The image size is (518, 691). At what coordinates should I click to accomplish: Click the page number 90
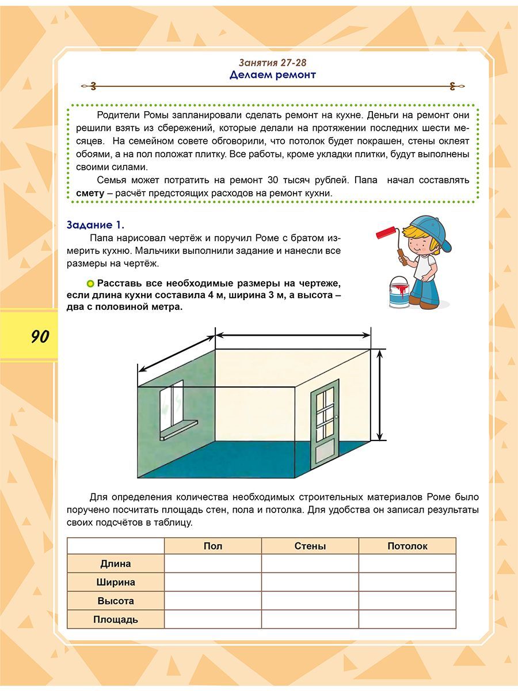[x=40, y=336]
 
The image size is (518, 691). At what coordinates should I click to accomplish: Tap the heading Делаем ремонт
[x=273, y=75]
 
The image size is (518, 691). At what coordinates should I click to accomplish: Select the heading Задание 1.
[x=96, y=225]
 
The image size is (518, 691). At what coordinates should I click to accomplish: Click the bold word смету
[x=90, y=193]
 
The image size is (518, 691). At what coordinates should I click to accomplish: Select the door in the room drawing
[x=324, y=426]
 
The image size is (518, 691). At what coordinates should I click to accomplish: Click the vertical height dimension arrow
[x=380, y=396]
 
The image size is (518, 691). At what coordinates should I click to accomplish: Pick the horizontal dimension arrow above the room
[x=292, y=335]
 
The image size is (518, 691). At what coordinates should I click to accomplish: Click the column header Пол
[x=213, y=546]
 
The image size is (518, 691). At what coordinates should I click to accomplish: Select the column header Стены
[x=310, y=546]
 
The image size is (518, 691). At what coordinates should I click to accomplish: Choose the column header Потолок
[x=407, y=546]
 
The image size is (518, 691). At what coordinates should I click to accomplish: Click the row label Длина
[x=116, y=564]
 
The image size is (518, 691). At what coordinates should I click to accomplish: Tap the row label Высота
[x=116, y=601]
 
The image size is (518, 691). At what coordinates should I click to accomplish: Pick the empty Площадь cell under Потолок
[x=407, y=620]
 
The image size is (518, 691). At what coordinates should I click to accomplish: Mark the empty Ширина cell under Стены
[x=310, y=582]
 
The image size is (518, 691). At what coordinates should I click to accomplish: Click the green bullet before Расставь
[x=90, y=283]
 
